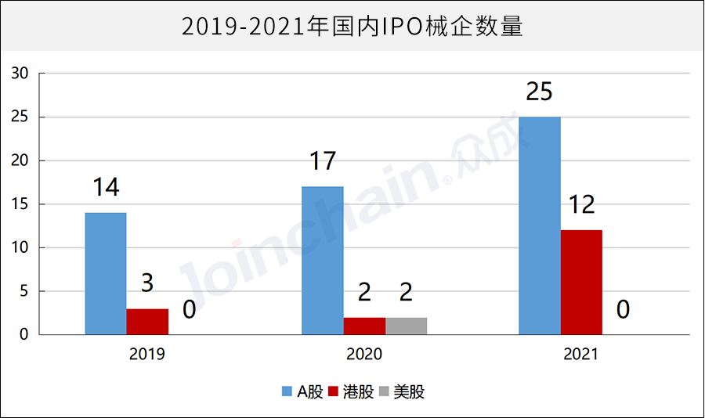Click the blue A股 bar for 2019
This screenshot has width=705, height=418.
(106, 274)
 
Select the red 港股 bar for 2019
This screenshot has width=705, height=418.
(147, 322)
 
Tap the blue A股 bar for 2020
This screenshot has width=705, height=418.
(323, 261)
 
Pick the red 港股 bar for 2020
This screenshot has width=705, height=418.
(364, 326)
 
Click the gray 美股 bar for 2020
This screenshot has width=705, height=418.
(406, 326)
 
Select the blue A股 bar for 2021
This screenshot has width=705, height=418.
(540, 226)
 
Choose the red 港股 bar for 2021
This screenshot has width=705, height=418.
(582, 283)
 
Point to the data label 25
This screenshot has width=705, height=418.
(539, 92)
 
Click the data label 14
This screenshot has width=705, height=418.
(105, 188)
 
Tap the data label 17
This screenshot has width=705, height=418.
(322, 161)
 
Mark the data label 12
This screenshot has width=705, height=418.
(581, 205)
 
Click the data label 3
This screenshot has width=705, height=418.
(147, 283)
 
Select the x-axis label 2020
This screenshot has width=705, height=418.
(364, 355)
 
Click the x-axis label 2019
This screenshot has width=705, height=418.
(147, 355)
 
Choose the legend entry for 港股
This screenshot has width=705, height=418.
(352, 392)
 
